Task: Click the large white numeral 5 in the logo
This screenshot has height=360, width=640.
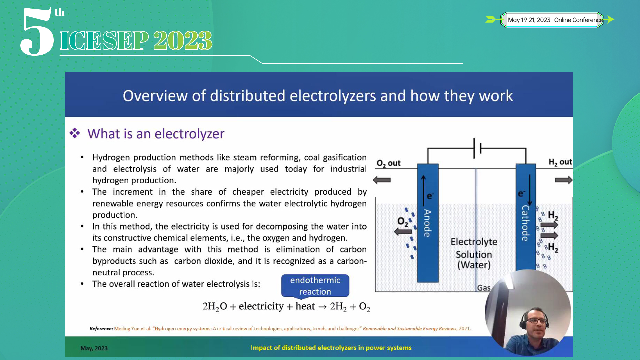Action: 37,32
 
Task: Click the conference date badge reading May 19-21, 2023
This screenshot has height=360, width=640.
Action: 555,20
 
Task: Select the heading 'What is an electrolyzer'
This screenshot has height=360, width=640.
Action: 156,134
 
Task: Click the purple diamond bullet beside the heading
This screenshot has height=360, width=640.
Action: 75,133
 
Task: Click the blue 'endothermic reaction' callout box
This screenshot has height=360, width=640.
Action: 315,286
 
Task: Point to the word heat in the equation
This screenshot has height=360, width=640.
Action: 305,306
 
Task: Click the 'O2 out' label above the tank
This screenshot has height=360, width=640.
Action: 388,163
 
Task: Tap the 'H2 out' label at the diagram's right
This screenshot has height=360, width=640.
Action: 560,162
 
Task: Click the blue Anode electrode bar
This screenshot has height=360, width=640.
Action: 428,223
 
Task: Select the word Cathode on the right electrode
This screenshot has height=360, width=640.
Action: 525,223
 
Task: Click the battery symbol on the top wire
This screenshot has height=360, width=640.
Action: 477,148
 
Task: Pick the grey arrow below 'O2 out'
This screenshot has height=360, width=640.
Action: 382,180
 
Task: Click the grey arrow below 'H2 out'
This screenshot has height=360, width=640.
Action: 564,180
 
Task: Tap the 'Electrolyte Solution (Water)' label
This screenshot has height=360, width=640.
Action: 474,253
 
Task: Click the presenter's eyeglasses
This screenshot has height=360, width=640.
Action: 536,321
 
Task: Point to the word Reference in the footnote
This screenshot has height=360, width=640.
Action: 101,329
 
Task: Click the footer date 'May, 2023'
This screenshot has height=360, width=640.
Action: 94,348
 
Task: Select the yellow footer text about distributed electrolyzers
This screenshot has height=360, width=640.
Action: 331,348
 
